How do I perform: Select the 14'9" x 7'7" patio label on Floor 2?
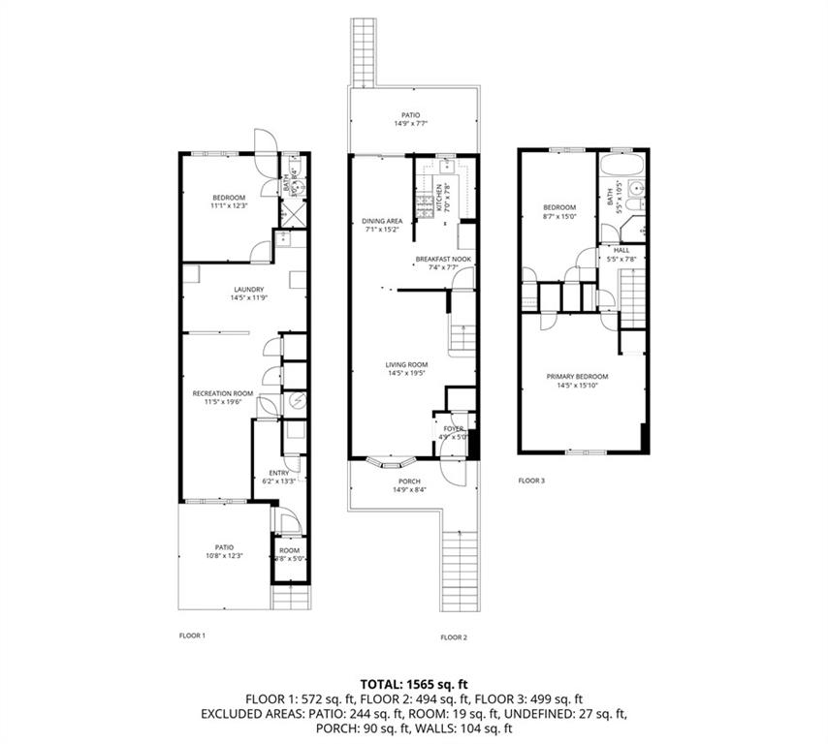(412, 124)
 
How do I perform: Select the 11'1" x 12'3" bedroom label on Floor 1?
(229, 205)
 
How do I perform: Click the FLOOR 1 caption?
(193, 635)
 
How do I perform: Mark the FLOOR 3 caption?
(531, 480)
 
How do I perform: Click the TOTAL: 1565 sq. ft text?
(414, 683)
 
